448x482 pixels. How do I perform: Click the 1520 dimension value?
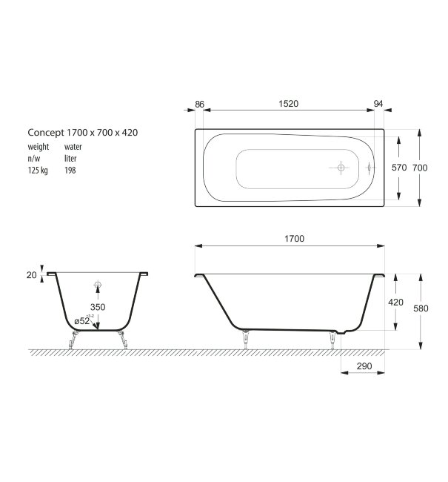click(289, 105)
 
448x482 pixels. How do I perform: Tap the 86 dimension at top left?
click(199, 105)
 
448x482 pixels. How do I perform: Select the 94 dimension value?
click(378, 105)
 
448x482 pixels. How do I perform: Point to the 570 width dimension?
click(399, 168)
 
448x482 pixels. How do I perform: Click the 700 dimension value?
click(420, 168)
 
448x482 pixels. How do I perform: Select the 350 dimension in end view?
click(97, 306)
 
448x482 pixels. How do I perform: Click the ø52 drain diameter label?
click(81, 321)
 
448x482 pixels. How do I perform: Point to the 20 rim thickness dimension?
click(31, 275)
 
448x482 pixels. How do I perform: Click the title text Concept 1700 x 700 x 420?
click(83, 132)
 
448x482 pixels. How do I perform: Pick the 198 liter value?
click(70, 171)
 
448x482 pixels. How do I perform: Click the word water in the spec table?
click(73, 148)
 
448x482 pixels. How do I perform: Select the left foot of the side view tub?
click(244, 338)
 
